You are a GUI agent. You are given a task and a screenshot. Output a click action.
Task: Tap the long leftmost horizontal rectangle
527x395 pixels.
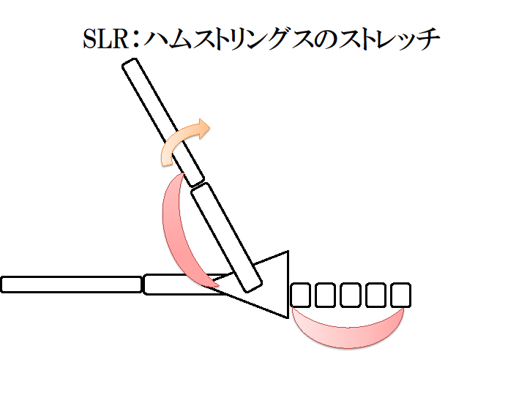[x=71, y=285]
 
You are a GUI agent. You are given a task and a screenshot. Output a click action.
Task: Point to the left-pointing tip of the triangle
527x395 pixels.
[x=220, y=287]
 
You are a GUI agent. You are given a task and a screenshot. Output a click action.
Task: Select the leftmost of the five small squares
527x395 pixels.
[x=302, y=295]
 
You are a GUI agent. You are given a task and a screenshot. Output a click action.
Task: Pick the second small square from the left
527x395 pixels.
[x=326, y=295]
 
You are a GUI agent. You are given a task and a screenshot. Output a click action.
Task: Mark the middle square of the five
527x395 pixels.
[x=351, y=295]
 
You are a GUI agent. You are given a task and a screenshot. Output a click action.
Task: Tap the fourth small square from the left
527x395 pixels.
[x=375, y=295]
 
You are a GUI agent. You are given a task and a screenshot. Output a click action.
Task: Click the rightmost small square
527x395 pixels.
[x=400, y=295]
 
